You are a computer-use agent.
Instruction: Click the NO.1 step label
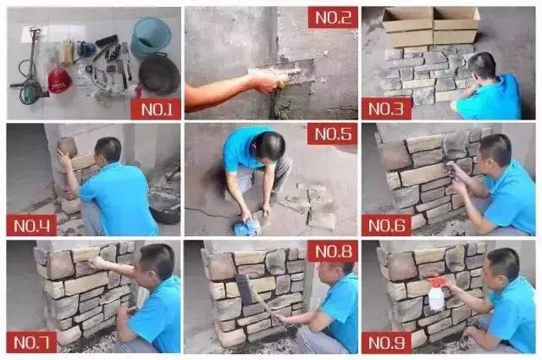[156, 109]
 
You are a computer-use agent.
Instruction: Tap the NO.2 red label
[333, 18]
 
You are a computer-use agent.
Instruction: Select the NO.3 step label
[386, 109]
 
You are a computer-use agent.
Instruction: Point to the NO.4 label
[31, 225]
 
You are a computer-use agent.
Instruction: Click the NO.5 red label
[333, 134]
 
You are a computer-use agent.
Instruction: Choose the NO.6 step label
[386, 225]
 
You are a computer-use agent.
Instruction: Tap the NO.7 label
[31, 342]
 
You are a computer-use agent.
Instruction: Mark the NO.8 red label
[333, 252]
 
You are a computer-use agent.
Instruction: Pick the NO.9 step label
[386, 342]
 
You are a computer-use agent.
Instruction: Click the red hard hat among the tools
[59, 80]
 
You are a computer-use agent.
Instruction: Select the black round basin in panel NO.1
[159, 74]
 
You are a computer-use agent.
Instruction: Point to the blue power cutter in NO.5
[246, 227]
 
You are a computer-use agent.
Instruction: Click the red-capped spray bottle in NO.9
[437, 292]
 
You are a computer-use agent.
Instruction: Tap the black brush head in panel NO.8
[246, 289]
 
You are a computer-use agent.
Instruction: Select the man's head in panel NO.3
[482, 66]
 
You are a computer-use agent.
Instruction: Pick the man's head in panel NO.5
[270, 146]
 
